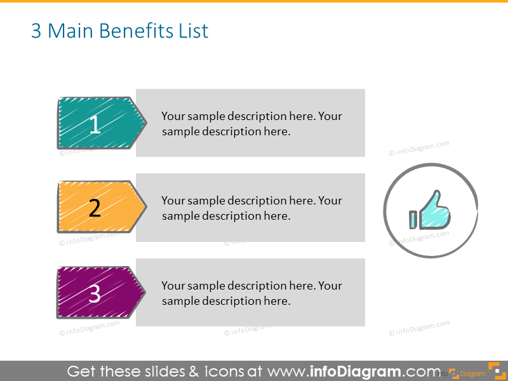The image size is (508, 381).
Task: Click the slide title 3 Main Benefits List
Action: tap(119, 31)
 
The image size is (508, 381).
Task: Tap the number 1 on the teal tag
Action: tap(95, 124)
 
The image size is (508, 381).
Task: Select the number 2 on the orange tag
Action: tap(95, 208)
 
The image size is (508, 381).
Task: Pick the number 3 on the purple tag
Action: tap(95, 294)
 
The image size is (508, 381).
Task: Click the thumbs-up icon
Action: tap(434, 210)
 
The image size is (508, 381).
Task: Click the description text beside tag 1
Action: tap(251, 124)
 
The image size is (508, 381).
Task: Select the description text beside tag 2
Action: tap(251, 208)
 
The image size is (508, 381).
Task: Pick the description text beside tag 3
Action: tap(251, 293)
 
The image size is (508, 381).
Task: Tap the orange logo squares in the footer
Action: tap(493, 370)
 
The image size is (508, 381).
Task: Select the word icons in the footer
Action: tap(217, 371)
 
